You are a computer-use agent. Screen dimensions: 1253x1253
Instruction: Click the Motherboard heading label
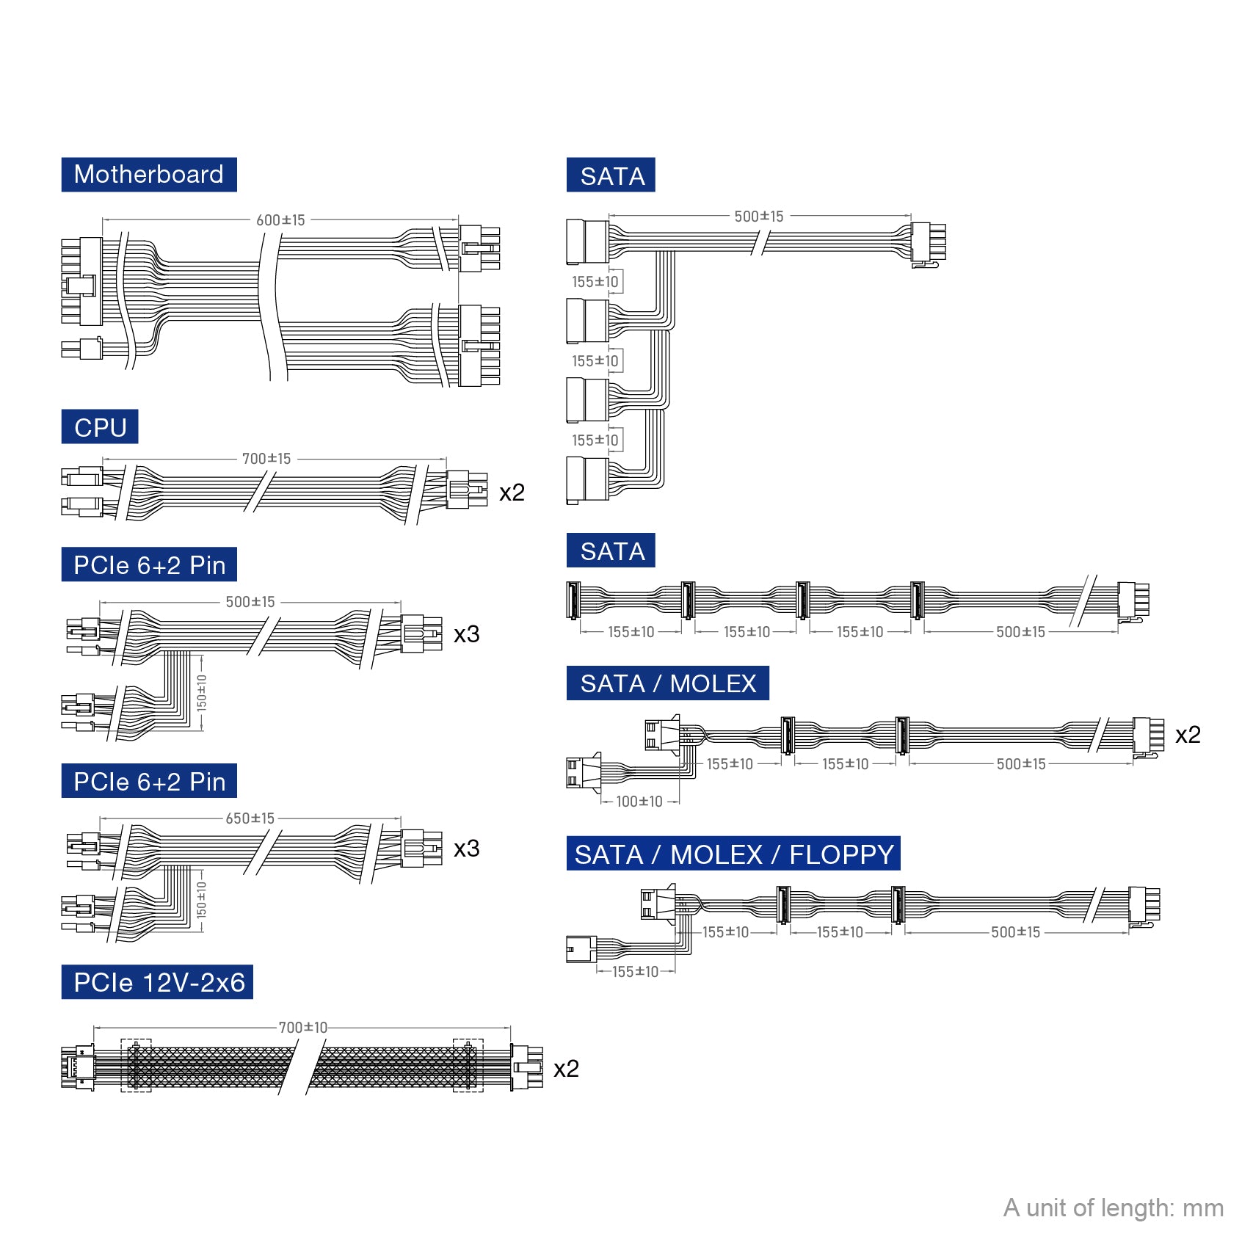click(x=149, y=175)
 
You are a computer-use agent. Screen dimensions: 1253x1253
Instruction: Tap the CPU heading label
click(x=100, y=427)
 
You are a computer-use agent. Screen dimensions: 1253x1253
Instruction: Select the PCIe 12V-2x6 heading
click(x=158, y=982)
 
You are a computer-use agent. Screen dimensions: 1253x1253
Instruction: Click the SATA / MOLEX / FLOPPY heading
click(x=733, y=854)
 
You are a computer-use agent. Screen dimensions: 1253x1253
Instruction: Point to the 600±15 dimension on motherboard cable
click(x=280, y=220)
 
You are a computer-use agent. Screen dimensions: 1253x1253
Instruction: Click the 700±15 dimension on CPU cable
click(x=266, y=459)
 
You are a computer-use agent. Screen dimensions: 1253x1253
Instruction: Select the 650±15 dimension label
click(x=250, y=818)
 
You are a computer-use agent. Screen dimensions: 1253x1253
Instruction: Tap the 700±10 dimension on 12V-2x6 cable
click(x=302, y=1028)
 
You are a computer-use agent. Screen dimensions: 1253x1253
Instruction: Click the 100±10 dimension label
click(x=639, y=802)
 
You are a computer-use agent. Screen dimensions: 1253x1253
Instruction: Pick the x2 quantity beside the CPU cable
click(x=512, y=493)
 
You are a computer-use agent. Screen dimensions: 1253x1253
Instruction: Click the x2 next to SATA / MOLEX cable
click(x=1188, y=735)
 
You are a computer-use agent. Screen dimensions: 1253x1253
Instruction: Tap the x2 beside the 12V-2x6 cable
click(x=566, y=1069)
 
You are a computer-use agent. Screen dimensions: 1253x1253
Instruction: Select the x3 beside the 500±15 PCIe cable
click(x=466, y=634)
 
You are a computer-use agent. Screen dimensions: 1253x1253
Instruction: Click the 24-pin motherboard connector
click(x=82, y=281)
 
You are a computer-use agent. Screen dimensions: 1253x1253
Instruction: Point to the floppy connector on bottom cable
click(x=581, y=949)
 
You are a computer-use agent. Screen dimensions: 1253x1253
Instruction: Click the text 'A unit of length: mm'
click(x=1113, y=1207)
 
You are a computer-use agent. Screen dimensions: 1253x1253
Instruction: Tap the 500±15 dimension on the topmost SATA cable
click(x=759, y=217)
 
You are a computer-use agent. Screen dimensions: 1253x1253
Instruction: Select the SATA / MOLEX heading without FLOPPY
click(x=667, y=683)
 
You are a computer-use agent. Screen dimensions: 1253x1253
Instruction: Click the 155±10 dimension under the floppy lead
click(x=635, y=972)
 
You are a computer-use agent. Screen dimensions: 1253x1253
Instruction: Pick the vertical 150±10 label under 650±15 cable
click(x=202, y=901)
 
